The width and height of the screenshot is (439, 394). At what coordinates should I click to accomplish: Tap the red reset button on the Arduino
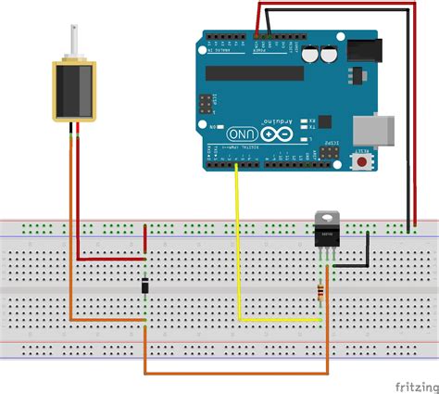[360, 163]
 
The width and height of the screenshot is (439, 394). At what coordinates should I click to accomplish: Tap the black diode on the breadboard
[145, 287]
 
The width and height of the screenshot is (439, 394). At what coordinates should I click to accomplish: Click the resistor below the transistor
[321, 294]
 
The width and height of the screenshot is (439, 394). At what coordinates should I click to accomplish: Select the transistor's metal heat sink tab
[325, 219]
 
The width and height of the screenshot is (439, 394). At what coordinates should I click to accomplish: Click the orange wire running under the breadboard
[232, 374]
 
